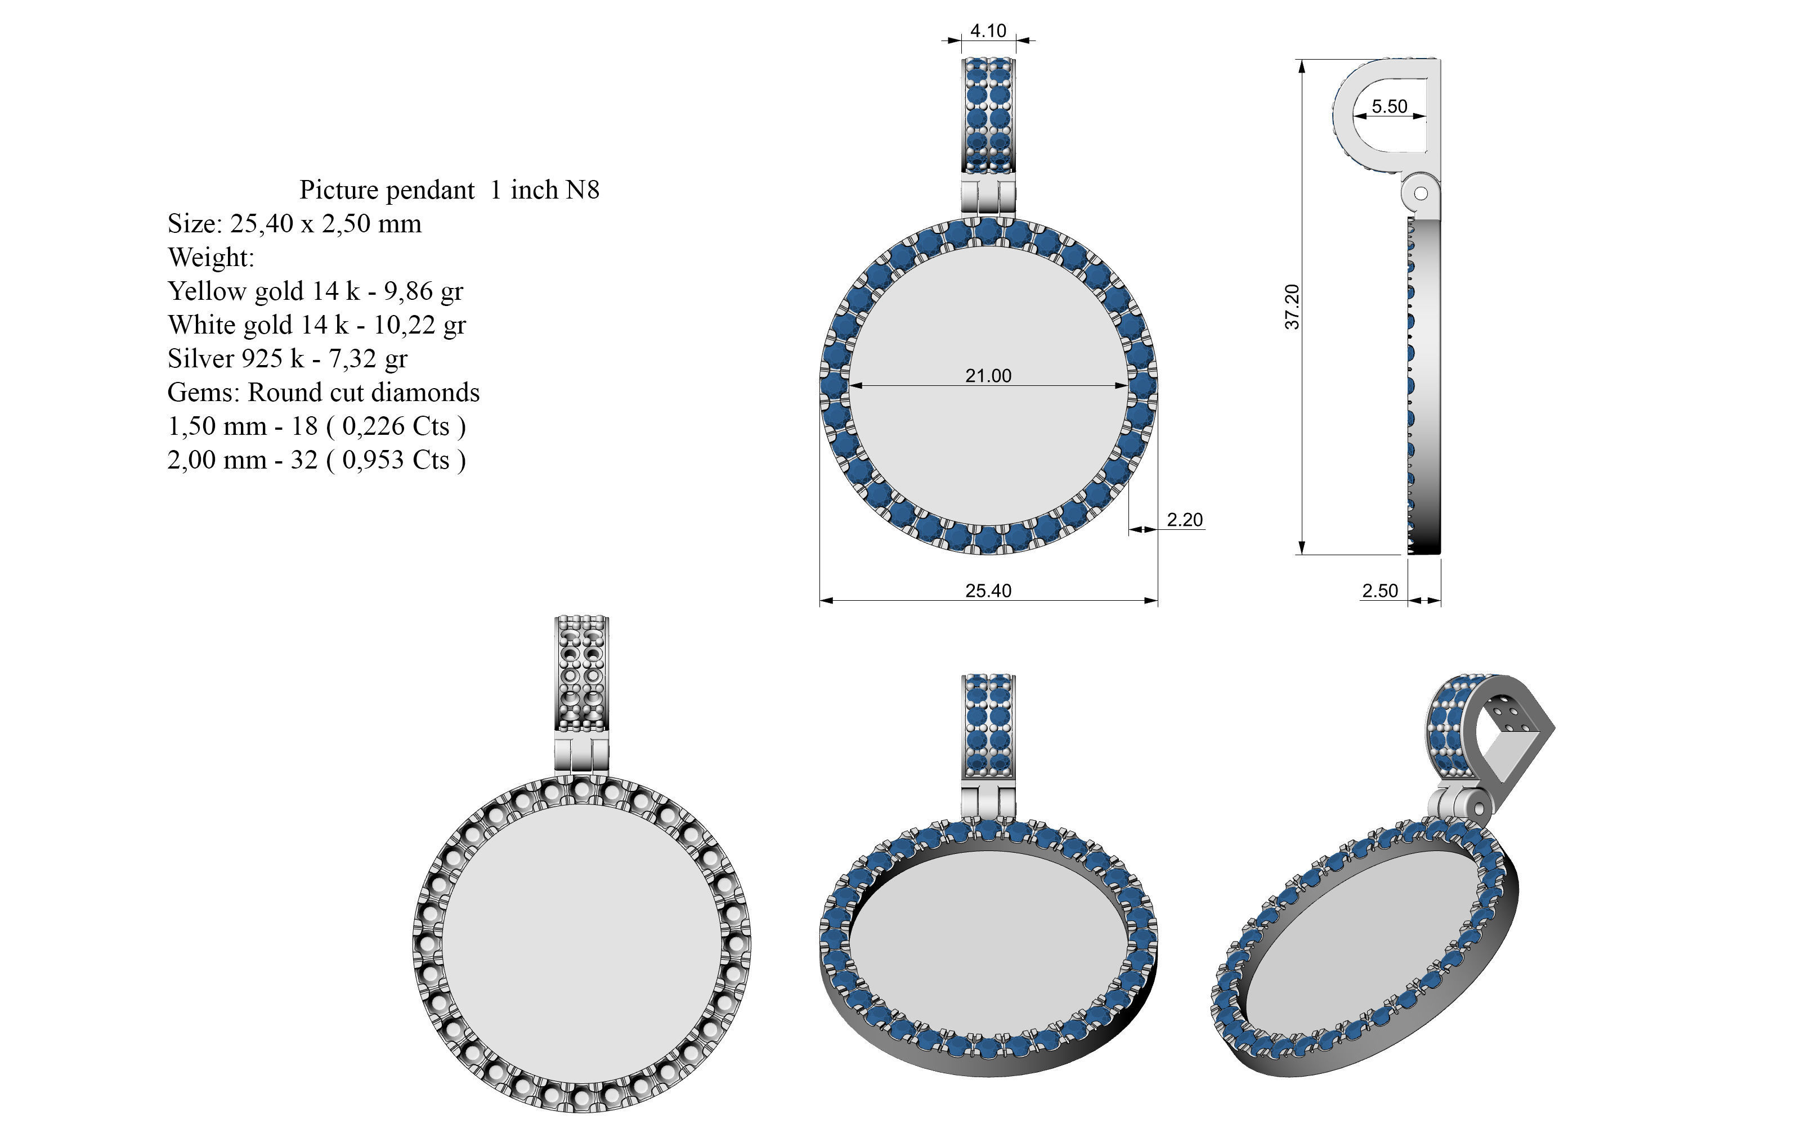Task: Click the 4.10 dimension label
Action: [988, 30]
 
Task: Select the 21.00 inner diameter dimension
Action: [988, 376]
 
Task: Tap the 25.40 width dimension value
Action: [988, 591]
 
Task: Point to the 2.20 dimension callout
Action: [1185, 519]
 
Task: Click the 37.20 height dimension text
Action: [1293, 307]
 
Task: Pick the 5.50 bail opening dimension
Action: [1390, 106]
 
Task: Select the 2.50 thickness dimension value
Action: [1380, 591]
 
